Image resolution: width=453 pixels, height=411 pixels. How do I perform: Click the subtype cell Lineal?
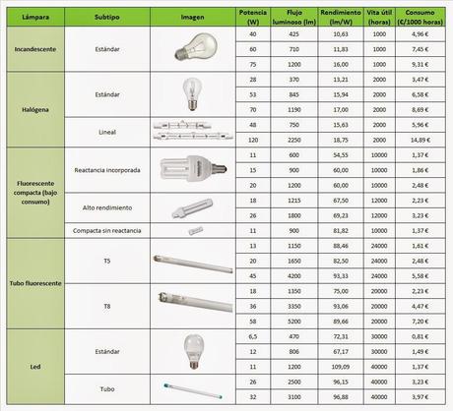[x=107, y=133]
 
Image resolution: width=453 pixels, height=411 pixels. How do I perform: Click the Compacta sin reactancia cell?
[x=107, y=227]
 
